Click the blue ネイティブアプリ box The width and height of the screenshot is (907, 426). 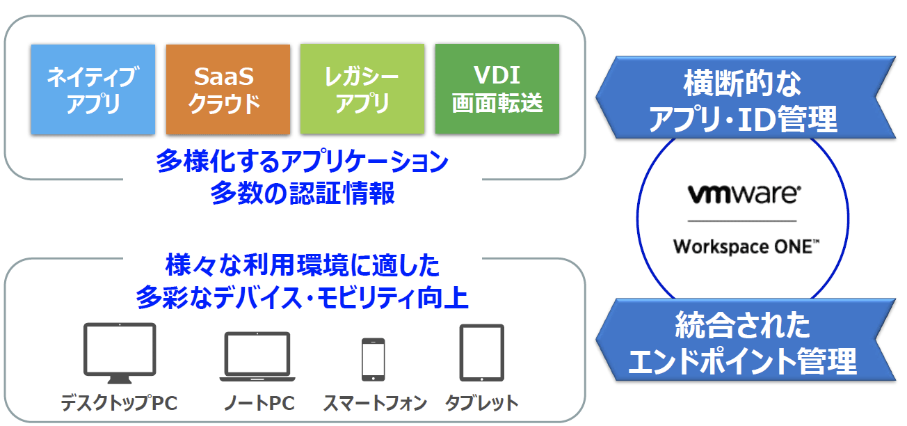tap(93, 89)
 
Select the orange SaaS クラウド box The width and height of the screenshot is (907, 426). tap(228, 89)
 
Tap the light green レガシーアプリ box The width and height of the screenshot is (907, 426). tap(362, 89)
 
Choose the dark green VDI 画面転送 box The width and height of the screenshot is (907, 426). tap(497, 89)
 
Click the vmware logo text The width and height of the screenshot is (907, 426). tap(744, 194)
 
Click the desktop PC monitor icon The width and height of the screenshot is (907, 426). tap(120, 353)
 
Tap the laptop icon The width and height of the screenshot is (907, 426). tap(257, 356)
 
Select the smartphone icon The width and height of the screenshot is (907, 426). tap(373, 360)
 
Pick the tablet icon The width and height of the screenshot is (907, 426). tap(481, 353)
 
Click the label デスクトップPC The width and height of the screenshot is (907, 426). tap(119, 403)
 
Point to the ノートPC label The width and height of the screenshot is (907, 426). tap(259, 403)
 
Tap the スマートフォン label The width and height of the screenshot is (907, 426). tap(375, 403)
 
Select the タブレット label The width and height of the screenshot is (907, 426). tap(481, 403)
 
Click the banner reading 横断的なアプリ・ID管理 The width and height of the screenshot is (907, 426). tap(746, 97)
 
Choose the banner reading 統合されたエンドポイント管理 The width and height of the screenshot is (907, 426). tap(746, 340)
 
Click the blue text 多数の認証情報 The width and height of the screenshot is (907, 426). tap(303, 193)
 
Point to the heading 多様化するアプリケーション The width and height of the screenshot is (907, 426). tap(303, 161)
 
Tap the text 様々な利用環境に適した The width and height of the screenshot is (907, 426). tap(303, 265)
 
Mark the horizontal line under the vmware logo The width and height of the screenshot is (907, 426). tap(742, 221)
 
